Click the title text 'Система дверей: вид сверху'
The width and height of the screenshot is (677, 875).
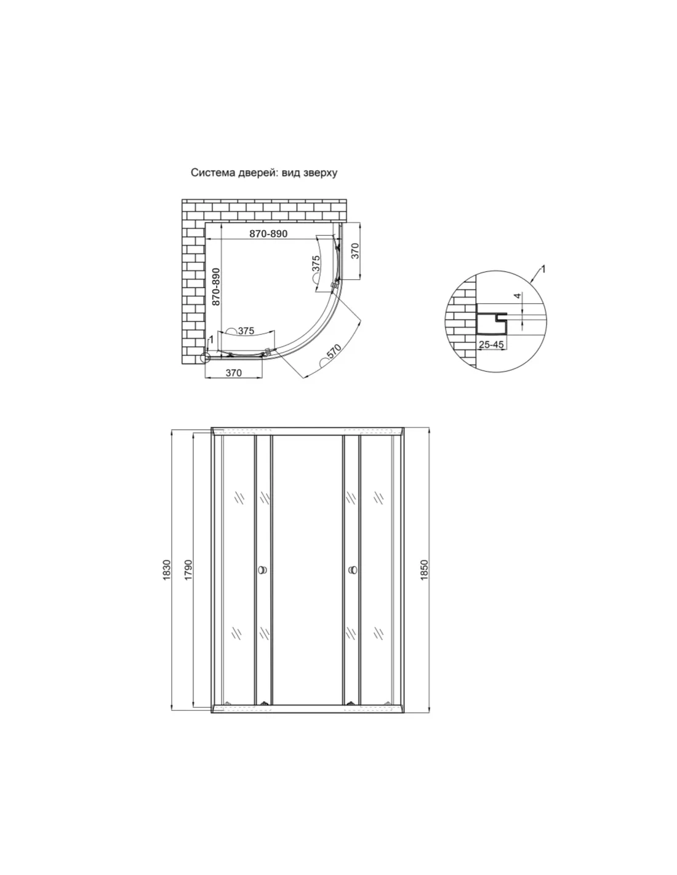tap(264, 173)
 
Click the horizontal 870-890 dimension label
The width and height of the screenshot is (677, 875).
tap(268, 234)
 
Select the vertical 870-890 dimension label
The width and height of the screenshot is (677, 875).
tap(216, 287)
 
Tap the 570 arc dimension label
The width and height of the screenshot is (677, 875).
tap(334, 351)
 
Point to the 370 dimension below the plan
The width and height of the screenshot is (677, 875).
tap(234, 373)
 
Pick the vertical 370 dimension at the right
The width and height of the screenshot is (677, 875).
tap(355, 251)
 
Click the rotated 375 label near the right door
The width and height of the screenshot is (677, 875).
tap(316, 264)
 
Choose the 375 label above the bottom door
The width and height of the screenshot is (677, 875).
tap(246, 330)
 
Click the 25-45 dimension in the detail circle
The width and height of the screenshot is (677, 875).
tap(491, 345)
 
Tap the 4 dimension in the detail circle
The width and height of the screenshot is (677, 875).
tap(518, 295)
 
